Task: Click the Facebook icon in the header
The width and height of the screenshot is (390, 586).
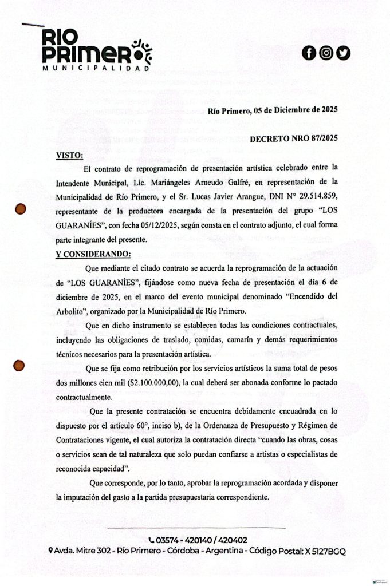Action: [x=309, y=53]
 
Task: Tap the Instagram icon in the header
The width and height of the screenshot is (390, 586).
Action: [x=326, y=53]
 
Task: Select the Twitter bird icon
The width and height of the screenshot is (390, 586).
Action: [x=344, y=53]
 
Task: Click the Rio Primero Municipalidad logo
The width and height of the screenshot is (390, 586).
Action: [x=94, y=52]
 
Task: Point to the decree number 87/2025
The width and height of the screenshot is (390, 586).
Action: [x=320, y=138]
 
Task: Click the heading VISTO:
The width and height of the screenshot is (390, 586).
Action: [x=69, y=155]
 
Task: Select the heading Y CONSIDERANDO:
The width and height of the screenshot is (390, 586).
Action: [x=93, y=254]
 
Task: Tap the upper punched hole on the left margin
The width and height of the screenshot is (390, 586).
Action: [x=21, y=209]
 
